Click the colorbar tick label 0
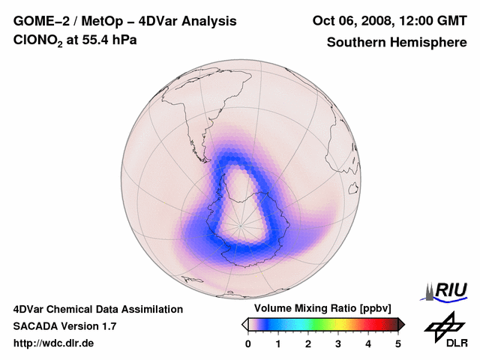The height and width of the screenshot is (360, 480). [x=248, y=343]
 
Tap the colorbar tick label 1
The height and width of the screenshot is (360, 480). [x=278, y=343]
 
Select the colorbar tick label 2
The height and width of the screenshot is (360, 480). [x=308, y=343]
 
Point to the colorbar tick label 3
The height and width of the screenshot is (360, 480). [x=338, y=343]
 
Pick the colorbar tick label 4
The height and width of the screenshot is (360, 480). [x=368, y=343]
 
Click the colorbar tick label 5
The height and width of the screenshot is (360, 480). [x=398, y=343]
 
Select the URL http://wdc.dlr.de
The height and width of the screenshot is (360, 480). [x=54, y=343]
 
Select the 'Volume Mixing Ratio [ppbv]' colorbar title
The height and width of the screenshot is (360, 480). [x=320, y=309]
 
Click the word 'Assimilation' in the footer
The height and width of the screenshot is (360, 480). [x=152, y=309]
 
